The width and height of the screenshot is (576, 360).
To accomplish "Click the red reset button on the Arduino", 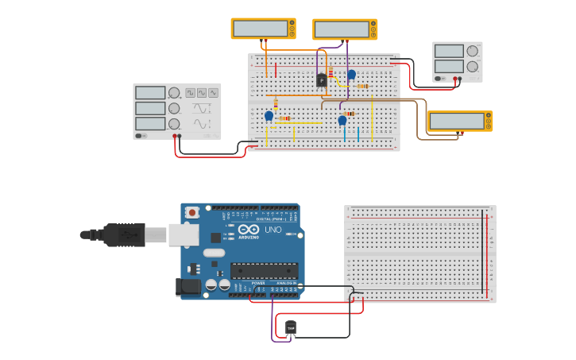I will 192,212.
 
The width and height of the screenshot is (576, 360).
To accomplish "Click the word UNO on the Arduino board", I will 273,230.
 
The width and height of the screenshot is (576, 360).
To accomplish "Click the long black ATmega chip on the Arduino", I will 264,271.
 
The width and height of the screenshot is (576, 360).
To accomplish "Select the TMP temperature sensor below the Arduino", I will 291,327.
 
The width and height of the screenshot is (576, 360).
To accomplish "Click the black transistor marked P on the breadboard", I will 321,79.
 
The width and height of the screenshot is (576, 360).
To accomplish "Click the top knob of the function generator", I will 173,93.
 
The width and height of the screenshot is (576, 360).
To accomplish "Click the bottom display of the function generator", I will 150,124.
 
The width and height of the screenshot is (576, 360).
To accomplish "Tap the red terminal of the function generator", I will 175,137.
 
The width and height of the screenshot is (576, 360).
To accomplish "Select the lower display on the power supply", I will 449,67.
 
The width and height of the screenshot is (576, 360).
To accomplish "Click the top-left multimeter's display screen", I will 260,29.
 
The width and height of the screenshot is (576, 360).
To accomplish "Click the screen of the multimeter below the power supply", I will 456,121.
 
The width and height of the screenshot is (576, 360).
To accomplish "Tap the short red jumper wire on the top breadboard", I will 276,71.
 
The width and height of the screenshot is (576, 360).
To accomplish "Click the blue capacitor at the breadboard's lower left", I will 269,116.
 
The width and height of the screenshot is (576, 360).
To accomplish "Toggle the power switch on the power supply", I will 440,79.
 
